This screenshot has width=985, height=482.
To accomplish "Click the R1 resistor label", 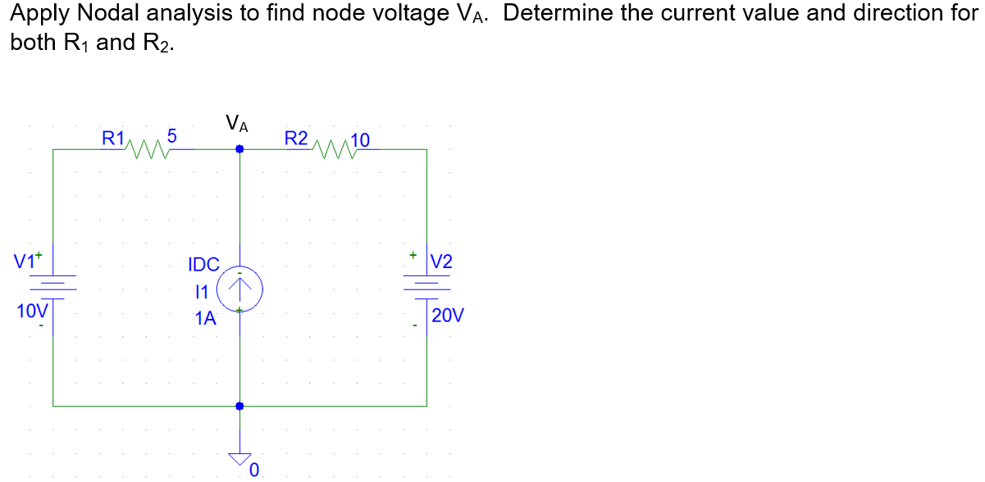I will click(112, 138).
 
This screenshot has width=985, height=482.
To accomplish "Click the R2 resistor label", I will click(295, 138).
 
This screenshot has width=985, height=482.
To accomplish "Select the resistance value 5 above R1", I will click(171, 135).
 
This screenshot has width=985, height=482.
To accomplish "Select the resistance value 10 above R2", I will click(361, 139).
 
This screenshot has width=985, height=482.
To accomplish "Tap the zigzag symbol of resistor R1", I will click(146, 149).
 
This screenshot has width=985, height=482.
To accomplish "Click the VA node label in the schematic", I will click(238, 125).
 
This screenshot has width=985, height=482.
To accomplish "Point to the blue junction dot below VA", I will click(239, 149).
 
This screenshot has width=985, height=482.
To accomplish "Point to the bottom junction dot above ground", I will click(239, 406).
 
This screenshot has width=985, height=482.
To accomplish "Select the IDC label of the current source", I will click(203, 265).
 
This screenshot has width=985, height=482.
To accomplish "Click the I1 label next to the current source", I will click(201, 291).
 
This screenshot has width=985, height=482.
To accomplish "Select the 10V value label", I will click(32, 311).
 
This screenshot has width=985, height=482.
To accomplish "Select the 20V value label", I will click(449, 316).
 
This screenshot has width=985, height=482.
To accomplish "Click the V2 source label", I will click(441, 262).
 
